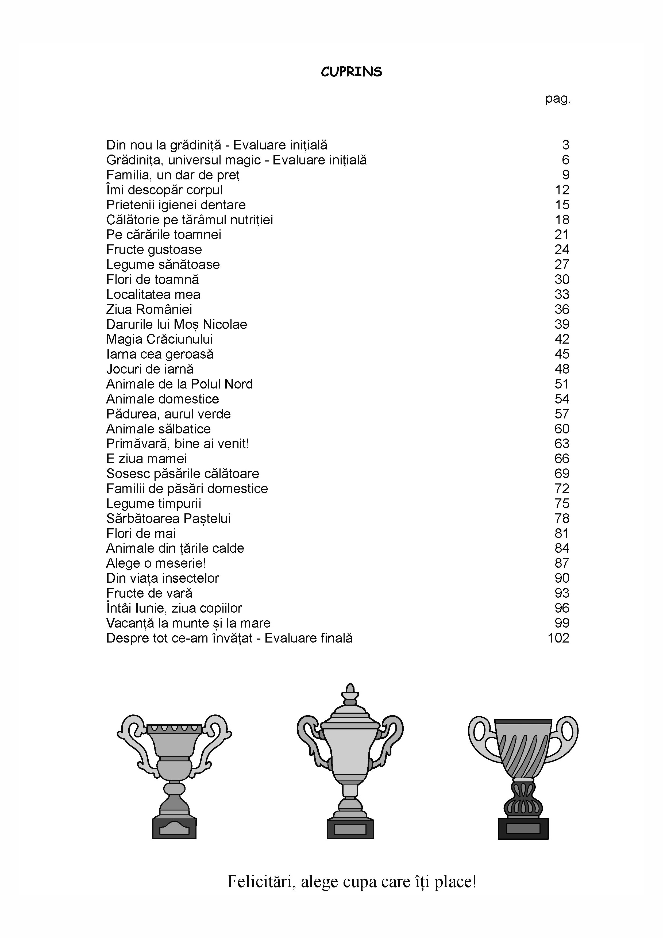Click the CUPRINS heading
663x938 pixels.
point(351,72)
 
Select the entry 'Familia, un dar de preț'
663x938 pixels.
point(173,175)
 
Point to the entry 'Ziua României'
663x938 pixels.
point(149,309)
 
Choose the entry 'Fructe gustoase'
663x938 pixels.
point(154,250)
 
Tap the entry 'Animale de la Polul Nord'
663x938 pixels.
point(179,384)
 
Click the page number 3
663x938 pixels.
point(565,145)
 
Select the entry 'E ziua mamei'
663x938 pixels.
point(147,458)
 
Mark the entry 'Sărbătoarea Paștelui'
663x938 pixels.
point(168,518)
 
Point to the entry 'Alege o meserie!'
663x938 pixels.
point(156,563)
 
